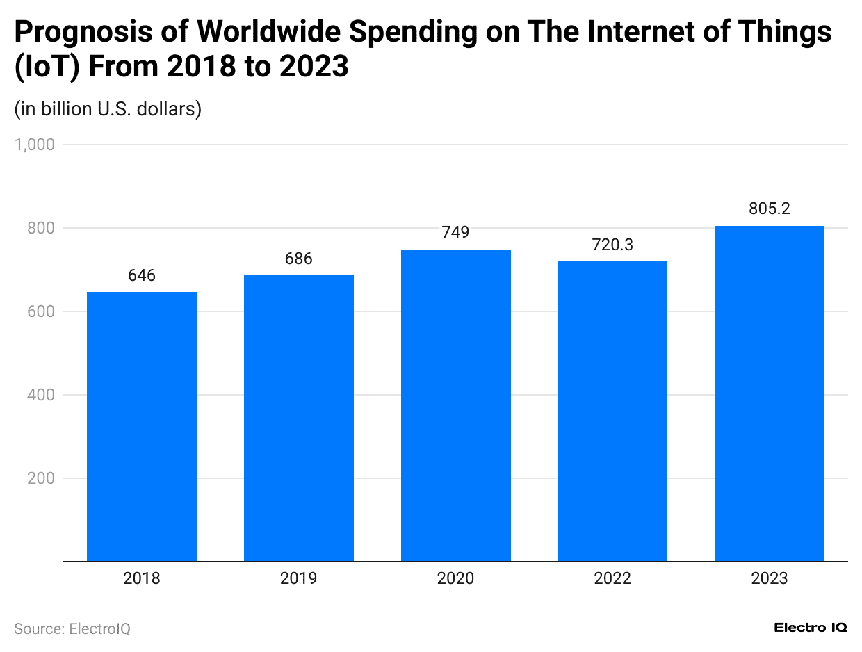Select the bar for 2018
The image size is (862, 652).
coord(142,426)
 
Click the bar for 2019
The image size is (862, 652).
coord(299,418)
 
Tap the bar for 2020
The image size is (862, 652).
coord(456,405)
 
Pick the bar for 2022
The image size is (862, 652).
coord(612,411)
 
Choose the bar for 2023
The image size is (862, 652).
coord(770,393)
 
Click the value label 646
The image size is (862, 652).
coord(142,276)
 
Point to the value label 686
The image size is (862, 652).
coord(299,259)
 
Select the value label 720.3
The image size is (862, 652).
coord(612,245)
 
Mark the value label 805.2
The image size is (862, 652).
coord(770,209)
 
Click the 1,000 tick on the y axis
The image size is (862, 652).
coord(34,145)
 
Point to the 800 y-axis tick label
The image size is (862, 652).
coord(40,228)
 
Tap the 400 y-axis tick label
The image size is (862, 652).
coord(40,395)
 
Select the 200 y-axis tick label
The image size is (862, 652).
coord(40,478)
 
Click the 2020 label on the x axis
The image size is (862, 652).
coord(456,578)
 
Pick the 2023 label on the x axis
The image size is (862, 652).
coord(770,578)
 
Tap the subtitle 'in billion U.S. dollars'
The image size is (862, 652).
coord(108,109)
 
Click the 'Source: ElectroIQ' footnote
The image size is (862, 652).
coord(72,628)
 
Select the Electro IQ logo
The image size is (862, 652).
coord(810,627)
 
